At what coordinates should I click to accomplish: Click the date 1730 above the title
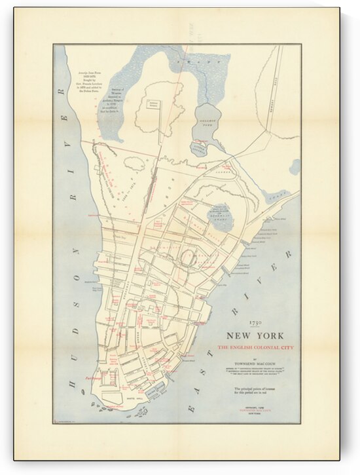click(255, 322)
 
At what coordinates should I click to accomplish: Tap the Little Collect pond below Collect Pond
click(198, 148)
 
